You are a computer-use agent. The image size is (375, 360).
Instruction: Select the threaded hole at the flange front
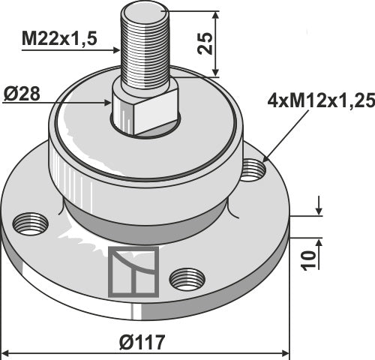(187, 279)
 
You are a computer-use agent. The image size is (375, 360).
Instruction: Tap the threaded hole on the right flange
(253, 169)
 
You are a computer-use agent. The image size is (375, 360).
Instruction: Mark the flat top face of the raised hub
(82, 112)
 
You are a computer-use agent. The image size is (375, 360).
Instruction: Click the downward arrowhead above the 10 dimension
(319, 212)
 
